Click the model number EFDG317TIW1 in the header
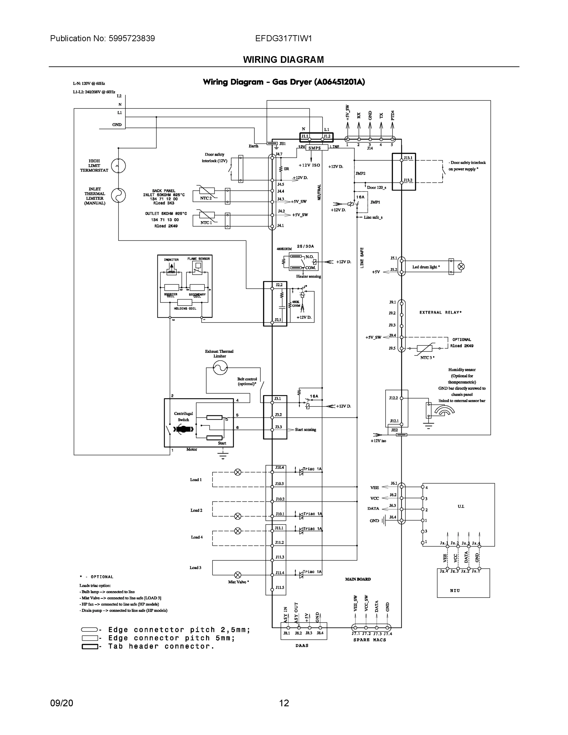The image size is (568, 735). click(283, 38)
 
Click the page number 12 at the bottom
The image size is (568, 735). click(284, 703)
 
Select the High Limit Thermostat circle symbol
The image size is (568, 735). click(118, 166)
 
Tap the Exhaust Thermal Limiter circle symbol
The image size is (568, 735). click(220, 368)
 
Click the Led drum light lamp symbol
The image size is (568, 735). click(461, 266)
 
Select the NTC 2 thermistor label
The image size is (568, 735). click(206, 198)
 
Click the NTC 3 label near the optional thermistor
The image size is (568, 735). click(427, 357)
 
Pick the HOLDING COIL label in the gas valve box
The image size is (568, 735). click(185, 309)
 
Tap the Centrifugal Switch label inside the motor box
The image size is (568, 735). click(183, 416)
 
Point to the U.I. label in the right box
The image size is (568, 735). click(461, 506)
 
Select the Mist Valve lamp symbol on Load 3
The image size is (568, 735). click(238, 575)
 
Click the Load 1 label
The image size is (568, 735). click(196, 480)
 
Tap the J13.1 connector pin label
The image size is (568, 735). click(408, 158)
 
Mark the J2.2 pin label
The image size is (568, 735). click(279, 285)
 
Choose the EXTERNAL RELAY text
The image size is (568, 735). click(440, 312)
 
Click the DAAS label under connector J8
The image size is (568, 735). click(302, 646)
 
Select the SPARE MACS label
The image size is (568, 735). click(370, 640)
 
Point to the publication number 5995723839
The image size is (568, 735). click(132, 38)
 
